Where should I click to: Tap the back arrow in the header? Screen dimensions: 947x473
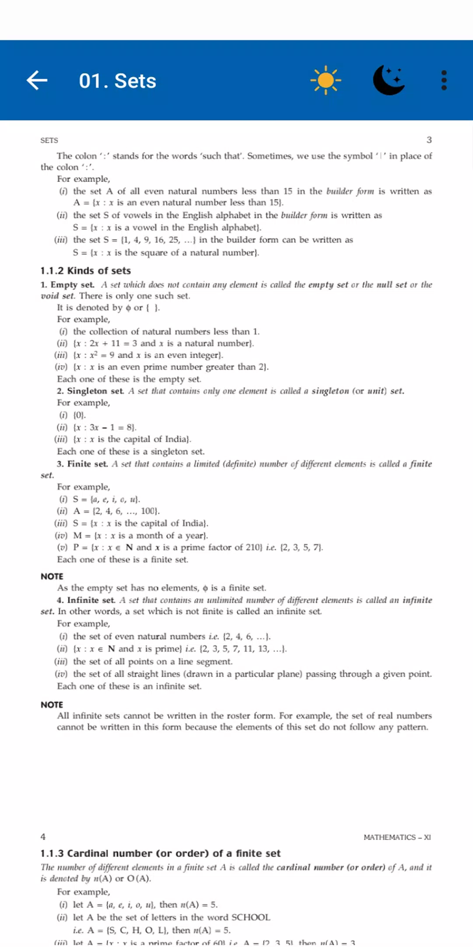click(37, 80)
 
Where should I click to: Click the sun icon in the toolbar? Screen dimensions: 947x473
click(325, 80)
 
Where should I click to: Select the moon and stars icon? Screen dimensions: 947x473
click(389, 80)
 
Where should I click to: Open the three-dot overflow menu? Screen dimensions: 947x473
click(444, 80)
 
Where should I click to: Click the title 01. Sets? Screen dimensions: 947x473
click(117, 81)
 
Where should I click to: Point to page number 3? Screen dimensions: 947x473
click(429, 140)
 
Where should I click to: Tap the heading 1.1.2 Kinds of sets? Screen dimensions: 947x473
click(85, 271)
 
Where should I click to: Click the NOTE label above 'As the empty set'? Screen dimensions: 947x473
click(52, 576)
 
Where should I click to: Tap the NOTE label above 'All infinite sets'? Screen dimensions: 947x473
click(52, 705)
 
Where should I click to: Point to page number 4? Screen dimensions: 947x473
click(43, 837)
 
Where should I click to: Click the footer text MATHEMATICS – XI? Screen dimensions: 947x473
click(397, 837)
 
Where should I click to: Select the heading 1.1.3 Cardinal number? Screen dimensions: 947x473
click(160, 853)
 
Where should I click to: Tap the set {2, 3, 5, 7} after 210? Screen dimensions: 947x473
click(301, 547)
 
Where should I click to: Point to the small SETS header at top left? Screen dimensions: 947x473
click(49, 140)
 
